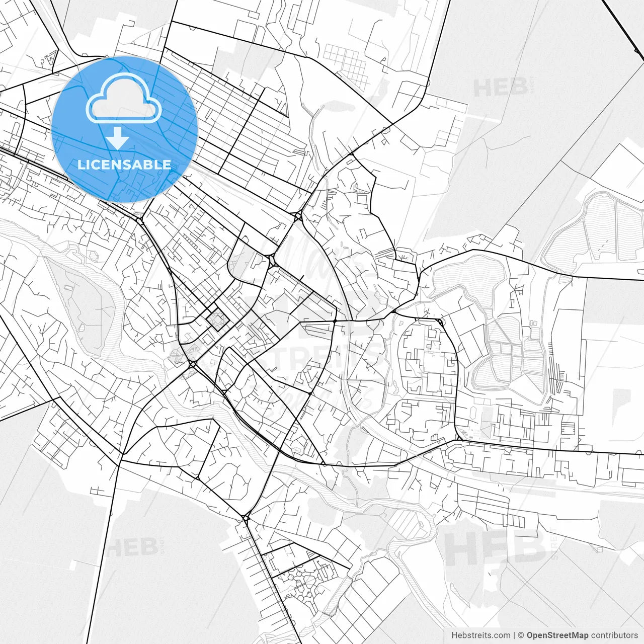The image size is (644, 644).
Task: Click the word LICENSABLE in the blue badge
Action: pyautogui.click(x=124, y=165)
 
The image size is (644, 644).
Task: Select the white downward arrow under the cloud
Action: pyautogui.click(x=118, y=138)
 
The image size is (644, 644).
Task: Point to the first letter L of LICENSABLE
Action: pyautogui.click(x=81, y=165)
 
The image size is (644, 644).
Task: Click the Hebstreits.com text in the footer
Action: pyautogui.click(x=480, y=635)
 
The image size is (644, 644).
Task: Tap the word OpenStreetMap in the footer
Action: pyautogui.click(x=557, y=635)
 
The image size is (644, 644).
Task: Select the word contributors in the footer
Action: pyautogui.click(x=614, y=635)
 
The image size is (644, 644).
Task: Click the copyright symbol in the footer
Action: pyautogui.click(x=521, y=635)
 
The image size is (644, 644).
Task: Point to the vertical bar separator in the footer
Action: pyautogui.click(x=514, y=635)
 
